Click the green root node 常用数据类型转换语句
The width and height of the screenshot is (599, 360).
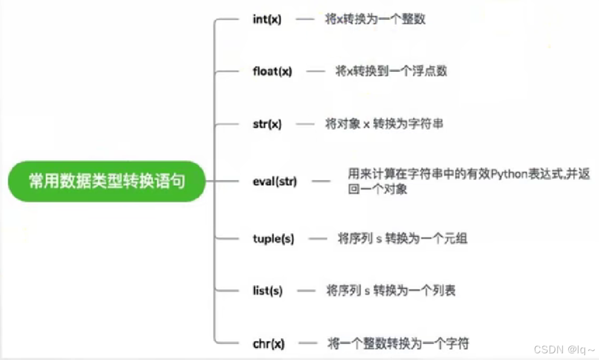[107, 181]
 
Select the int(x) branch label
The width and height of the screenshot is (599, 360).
[267, 19]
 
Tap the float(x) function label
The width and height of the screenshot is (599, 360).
[272, 71]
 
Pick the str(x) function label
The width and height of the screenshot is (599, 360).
[267, 124]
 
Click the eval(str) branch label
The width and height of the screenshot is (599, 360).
[275, 181]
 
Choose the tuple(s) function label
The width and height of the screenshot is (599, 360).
[274, 239]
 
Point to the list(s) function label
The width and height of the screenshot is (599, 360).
[267, 291]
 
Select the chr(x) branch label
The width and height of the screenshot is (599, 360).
[268, 344]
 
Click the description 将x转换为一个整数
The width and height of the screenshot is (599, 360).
[375, 19]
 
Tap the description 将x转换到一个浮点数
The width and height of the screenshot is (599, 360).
[391, 71]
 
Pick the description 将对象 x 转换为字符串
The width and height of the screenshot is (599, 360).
[384, 124]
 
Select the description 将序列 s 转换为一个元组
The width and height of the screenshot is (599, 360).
[402, 239]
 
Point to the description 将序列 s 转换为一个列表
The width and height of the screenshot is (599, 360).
[391, 291]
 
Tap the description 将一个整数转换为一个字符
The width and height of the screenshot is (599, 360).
[398, 344]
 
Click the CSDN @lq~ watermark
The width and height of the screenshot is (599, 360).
[565, 349]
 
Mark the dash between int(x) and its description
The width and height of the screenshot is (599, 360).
[305, 19]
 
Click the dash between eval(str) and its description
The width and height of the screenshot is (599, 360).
[321, 181]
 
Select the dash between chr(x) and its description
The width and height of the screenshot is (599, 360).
[308, 344]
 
